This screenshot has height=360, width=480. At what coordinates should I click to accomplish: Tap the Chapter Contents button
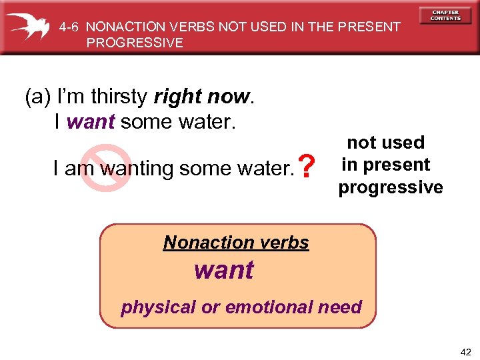pos(445,15)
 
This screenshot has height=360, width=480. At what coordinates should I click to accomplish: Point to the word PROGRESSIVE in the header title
pos(135,43)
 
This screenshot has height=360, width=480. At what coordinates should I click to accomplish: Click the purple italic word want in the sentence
pos(91,123)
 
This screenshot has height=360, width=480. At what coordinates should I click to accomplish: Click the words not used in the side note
pos(385,143)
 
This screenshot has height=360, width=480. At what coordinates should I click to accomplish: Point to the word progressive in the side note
pos(391,187)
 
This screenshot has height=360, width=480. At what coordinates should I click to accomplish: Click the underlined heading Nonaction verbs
pos(236,243)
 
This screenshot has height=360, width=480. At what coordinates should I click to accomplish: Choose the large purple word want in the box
pos(224,270)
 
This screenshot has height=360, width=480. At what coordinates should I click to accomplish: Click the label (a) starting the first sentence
pos(38,97)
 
